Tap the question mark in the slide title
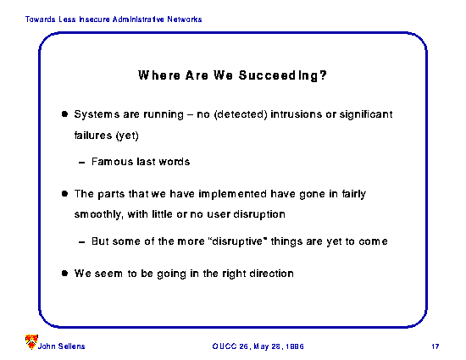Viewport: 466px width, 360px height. click(x=323, y=75)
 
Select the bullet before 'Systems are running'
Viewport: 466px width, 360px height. click(x=64, y=114)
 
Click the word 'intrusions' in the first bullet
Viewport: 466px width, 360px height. click(x=296, y=114)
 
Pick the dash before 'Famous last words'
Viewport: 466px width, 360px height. click(x=81, y=163)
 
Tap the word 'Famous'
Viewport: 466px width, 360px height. click(x=113, y=162)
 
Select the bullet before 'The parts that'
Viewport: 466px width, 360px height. click(x=64, y=194)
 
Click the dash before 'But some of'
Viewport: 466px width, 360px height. click(x=81, y=242)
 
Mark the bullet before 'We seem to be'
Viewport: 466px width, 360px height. click(x=64, y=274)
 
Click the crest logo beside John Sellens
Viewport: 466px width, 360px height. click(x=31, y=342)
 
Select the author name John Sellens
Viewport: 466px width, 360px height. click(x=62, y=346)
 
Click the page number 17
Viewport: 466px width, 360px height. click(x=435, y=346)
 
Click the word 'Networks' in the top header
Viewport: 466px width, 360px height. click(x=185, y=19)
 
